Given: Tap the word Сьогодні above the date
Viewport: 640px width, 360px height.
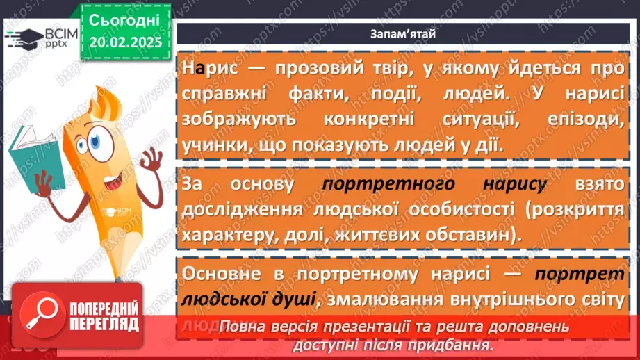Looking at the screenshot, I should (124, 19).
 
